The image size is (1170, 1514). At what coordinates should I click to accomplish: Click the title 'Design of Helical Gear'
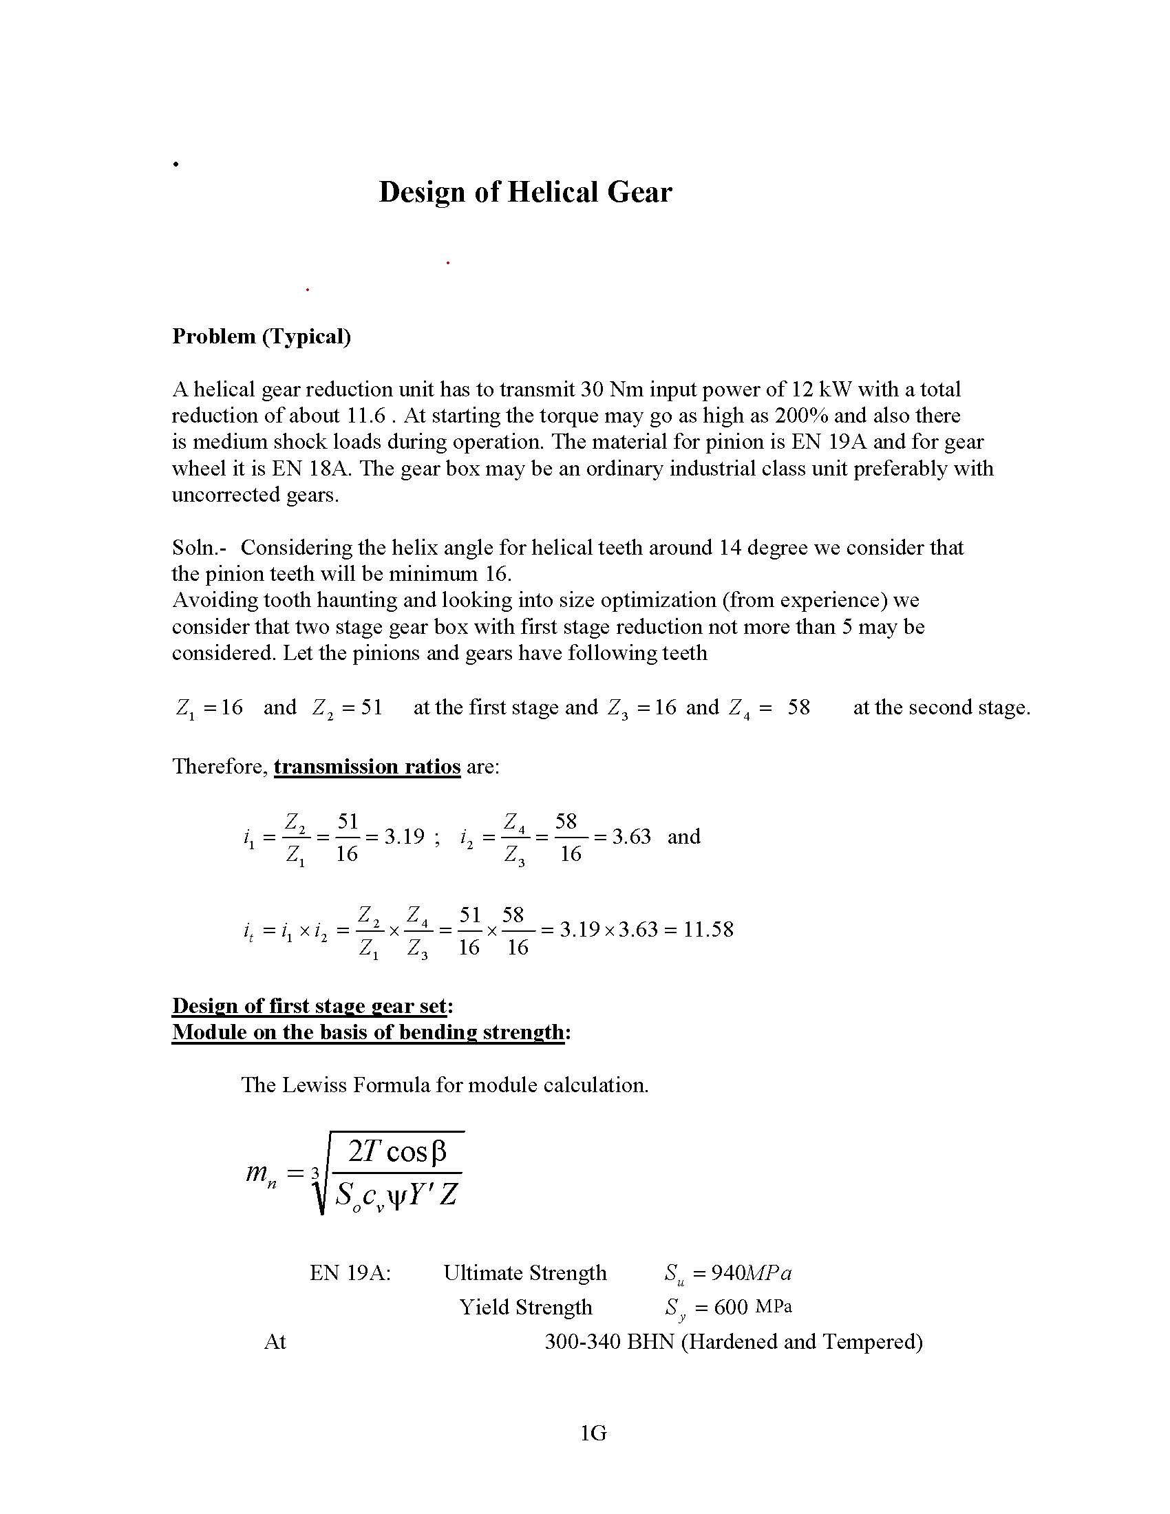point(524,193)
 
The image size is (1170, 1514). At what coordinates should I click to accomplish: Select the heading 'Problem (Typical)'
point(262,337)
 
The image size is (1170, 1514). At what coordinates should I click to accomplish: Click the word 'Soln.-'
point(200,548)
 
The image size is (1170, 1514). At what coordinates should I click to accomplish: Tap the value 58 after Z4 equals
point(798,707)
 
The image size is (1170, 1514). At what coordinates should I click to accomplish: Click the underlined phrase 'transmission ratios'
point(367,767)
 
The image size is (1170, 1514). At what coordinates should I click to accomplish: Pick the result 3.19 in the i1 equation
point(404,837)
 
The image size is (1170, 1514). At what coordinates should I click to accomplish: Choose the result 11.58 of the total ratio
point(708,929)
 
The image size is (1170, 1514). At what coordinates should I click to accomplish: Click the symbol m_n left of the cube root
point(262,1173)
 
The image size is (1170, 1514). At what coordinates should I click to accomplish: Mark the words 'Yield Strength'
point(525,1308)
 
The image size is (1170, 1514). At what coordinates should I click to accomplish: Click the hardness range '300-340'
point(582,1342)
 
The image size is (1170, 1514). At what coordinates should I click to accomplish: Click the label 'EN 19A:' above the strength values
point(350,1273)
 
